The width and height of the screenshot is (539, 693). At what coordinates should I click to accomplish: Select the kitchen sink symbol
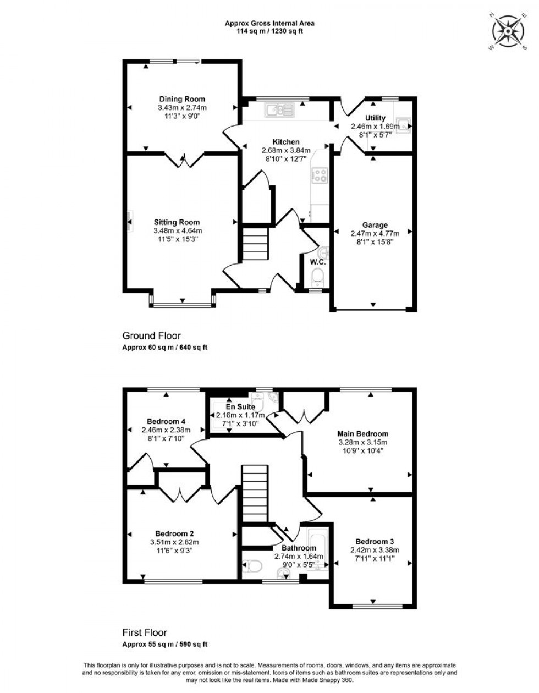280,111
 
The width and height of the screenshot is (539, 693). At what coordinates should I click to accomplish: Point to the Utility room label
375,118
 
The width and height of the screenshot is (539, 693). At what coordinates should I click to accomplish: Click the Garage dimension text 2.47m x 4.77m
375,233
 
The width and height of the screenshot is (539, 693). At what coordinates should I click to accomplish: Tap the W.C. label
318,262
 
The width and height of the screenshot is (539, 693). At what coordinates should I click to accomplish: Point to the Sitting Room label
178,223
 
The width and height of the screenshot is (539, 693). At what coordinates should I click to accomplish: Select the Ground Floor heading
151,335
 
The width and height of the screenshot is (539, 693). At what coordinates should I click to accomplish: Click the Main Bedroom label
363,434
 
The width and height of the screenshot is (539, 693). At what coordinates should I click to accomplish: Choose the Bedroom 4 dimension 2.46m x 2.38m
166,430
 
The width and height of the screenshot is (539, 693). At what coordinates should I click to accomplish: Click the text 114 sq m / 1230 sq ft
269,31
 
